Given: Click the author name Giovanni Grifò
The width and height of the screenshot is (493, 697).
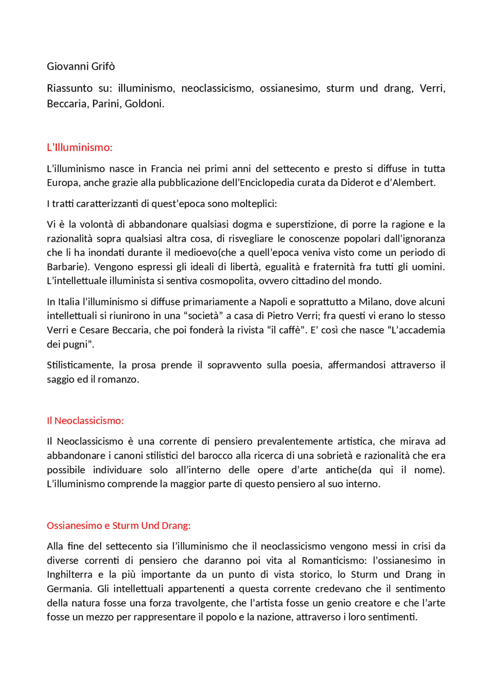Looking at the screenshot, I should click(x=81, y=67).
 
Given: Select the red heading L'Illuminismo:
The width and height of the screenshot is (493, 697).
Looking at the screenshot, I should click(x=80, y=147).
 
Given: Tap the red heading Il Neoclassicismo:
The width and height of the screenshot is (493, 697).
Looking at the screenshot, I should click(x=85, y=421).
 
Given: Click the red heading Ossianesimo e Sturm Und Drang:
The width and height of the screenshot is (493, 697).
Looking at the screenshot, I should click(x=119, y=525).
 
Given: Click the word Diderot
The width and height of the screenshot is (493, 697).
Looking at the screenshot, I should click(x=361, y=183).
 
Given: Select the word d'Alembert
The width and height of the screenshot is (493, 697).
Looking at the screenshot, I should click(x=414, y=183).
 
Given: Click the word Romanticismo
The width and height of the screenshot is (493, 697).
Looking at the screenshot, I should click(x=335, y=561).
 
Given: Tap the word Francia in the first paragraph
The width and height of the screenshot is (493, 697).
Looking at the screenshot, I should click(x=166, y=169).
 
